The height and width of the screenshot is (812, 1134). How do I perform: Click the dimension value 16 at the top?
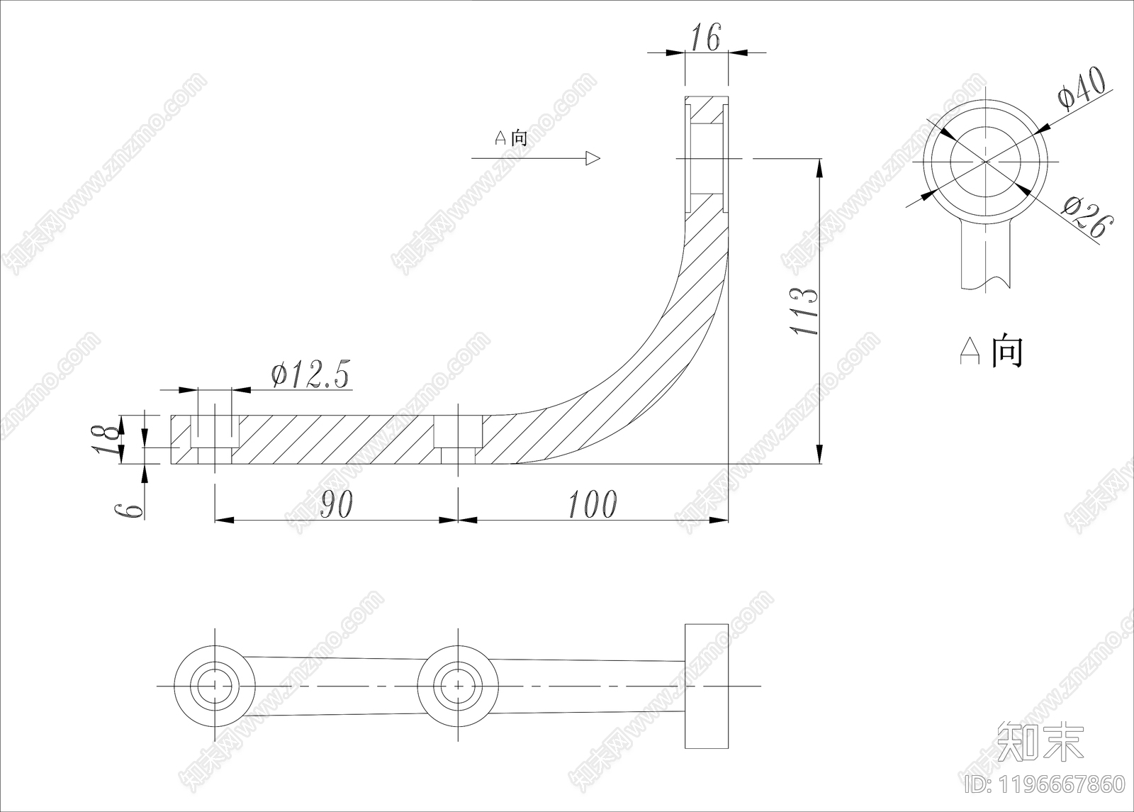(706, 37)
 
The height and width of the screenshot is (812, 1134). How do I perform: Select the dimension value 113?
(804, 311)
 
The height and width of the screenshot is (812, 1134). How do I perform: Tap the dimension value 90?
(337, 504)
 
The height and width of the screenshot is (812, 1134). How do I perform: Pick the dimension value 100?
(593, 504)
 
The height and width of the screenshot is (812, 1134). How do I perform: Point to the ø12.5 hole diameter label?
(310, 375)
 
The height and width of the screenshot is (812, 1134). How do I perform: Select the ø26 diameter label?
(1088, 217)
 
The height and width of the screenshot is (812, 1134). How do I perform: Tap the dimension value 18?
(107, 439)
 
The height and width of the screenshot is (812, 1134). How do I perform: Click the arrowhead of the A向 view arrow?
(593, 159)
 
